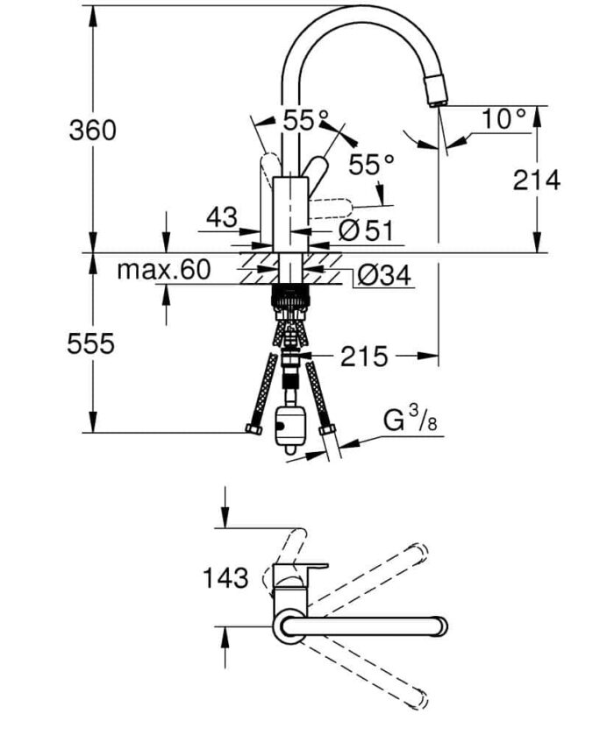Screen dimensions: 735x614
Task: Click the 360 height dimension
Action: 92,131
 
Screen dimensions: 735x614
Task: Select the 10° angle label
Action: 503,119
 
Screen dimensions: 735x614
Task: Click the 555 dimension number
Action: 90,344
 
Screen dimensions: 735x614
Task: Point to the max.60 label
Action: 165,270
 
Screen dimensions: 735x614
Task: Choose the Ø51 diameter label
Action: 367,230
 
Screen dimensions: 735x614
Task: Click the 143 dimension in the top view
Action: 225,577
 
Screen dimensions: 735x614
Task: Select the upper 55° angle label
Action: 304,121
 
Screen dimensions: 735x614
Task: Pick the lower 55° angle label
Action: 371,164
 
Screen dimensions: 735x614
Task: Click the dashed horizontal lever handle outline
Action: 329,208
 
